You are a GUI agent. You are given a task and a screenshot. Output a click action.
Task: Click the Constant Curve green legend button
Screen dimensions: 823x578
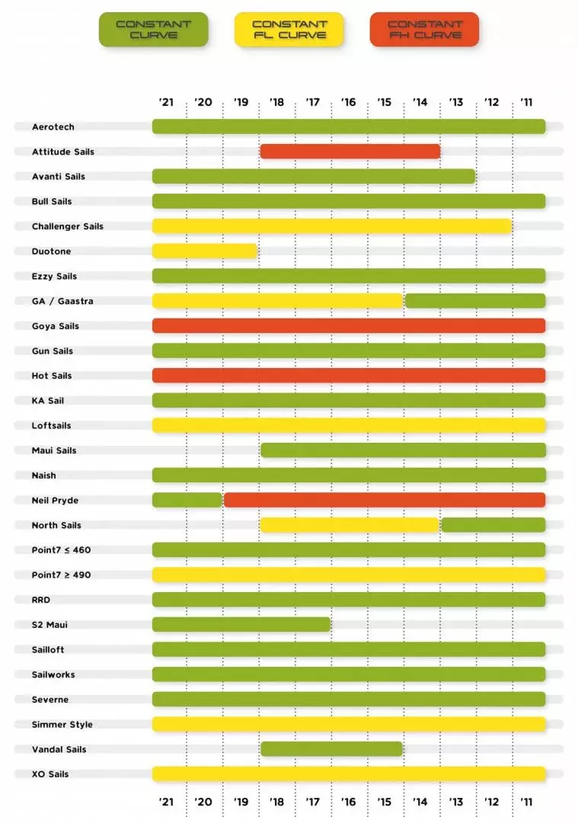(153, 30)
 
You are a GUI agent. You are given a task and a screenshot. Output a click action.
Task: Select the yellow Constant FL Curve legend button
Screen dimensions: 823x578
(289, 30)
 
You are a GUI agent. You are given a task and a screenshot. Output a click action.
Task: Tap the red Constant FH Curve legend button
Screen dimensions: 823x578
(424, 30)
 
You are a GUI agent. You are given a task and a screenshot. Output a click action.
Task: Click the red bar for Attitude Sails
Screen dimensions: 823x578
(350, 152)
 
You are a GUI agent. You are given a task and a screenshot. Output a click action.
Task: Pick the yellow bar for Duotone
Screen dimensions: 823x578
(204, 251)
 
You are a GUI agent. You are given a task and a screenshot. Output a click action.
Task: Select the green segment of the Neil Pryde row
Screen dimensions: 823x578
(187, 500)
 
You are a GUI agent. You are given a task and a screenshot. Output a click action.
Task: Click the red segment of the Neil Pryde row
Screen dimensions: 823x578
(385, 500)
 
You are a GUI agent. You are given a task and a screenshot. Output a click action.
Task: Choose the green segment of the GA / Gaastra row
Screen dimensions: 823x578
(475, 301)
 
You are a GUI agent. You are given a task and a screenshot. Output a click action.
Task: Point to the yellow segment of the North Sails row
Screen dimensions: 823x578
(350, 525)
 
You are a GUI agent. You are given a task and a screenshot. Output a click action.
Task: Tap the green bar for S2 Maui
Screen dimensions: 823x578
(241, 625)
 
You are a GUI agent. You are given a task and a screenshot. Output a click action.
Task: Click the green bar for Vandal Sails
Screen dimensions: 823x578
(331, 749)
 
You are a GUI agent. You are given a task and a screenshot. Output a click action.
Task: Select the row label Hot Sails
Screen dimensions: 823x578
(52, 376)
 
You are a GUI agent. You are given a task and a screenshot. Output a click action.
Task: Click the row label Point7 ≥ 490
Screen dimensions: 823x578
(61, 575)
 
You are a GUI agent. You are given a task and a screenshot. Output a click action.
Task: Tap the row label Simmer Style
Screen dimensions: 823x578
(62, 724)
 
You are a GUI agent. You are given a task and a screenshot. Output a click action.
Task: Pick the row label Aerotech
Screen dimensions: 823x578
(53, 127)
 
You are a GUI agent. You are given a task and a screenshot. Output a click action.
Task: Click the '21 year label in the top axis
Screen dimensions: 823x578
(167, 102)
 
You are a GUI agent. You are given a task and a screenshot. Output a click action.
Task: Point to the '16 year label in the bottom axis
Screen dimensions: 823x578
(349, 802)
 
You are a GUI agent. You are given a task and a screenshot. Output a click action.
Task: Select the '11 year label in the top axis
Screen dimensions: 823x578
(526, 102)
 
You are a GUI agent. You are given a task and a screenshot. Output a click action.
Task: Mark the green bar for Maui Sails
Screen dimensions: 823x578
(403, 450)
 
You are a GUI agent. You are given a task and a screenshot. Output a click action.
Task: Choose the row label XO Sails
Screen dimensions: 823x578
(50, 774)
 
